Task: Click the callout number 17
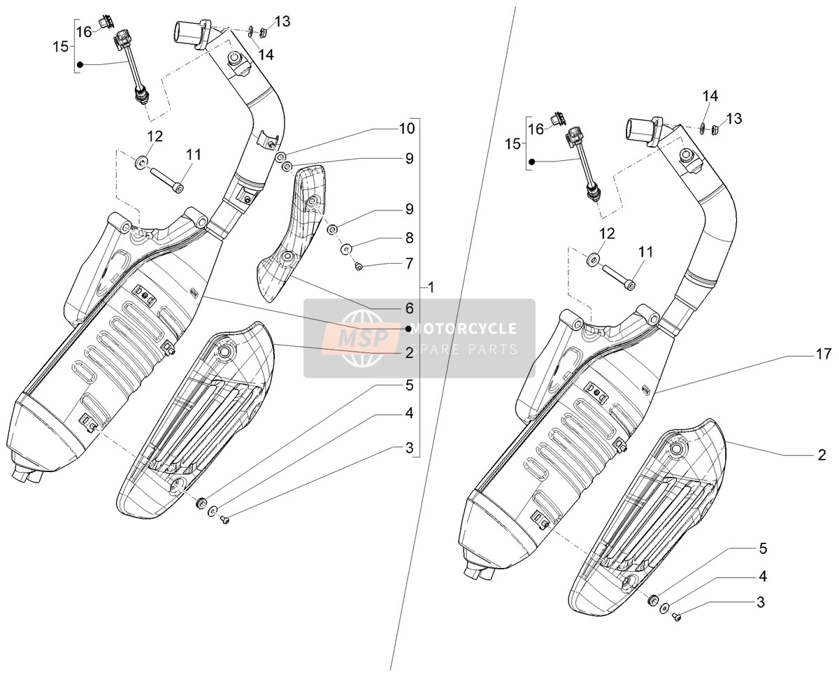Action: coord(824,354)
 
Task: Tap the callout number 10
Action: coord(407,128)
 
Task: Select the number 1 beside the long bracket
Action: coord(431,288)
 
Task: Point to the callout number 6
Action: coord(409,308)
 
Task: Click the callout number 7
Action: coord(409,264)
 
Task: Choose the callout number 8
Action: coord(409,238)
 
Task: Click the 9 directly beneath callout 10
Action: coord(409,158)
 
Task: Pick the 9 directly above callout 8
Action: coord(409,209)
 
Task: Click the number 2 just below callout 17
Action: coord(822,455)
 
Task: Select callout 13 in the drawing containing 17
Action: coord(733,119)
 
